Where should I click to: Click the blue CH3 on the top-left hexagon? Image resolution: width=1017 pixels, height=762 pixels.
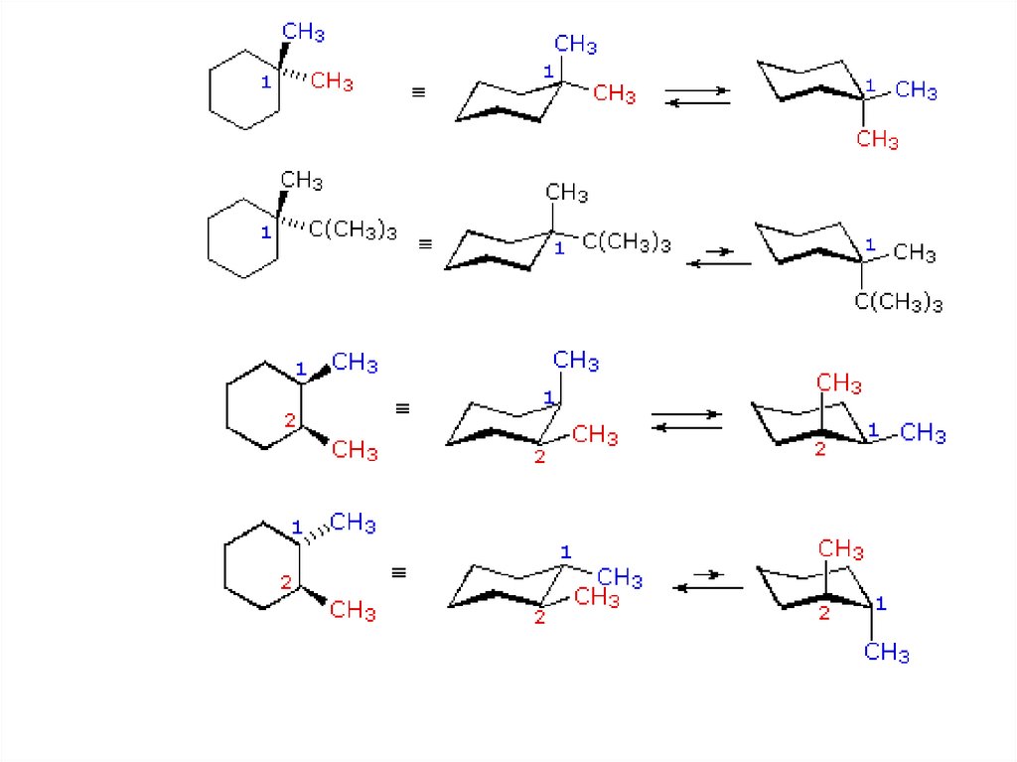point(303,33)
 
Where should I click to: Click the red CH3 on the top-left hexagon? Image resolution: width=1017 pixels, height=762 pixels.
point(332,81)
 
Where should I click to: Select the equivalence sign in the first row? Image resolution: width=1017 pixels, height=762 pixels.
point(418,93)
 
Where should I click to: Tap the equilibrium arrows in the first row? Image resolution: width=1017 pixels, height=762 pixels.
point(697,96)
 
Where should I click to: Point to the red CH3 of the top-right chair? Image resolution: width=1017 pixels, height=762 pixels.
point(877,140)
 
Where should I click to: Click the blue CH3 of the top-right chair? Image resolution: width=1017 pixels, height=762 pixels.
point(916,91)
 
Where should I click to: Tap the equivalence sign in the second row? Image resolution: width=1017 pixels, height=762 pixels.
point(424,242)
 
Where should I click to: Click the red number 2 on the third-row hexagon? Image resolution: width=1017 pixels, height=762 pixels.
point(290,420)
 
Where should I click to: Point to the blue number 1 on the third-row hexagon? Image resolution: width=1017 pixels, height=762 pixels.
point(301,370)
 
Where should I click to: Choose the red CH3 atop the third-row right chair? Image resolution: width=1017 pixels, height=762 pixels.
point(839,383)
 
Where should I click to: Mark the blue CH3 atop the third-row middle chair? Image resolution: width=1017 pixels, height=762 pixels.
point(576,361)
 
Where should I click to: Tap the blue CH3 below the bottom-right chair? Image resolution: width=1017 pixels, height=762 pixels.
point(886,653)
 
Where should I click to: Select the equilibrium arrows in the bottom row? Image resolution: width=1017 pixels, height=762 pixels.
point(708,581)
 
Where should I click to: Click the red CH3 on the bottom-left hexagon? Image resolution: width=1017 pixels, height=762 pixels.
point(353,610)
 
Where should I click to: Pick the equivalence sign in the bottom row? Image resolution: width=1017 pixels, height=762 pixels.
point(399,573)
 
